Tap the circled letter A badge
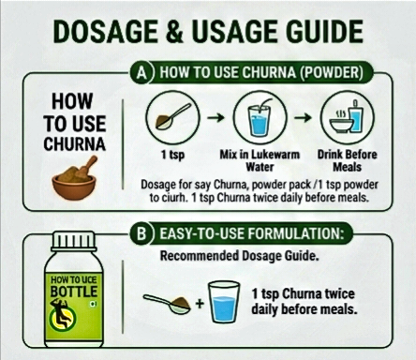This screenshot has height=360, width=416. [141, 72]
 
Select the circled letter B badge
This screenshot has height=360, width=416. [141, 233]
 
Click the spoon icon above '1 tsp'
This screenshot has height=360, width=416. [172, 116]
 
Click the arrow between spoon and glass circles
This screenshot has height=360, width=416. [216, 117]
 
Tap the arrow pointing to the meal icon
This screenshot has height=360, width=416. [304, 117]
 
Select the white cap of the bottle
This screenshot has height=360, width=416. [74, 241]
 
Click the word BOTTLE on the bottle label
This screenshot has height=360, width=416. [74, 292]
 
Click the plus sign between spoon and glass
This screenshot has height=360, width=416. [200, 303]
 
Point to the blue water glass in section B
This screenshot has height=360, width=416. [224, 302]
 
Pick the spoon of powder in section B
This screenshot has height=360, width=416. [168, 304]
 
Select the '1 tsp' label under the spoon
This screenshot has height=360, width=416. [172, 155]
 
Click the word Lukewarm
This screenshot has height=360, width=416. [275, 155]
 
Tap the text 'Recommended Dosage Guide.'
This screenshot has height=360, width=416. [240, 256]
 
